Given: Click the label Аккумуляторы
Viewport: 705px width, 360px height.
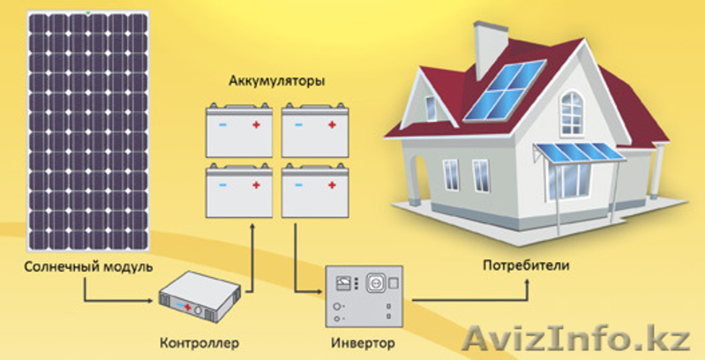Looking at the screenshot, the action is coord(276,83).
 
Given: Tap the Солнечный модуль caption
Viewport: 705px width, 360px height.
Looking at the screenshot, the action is coord(88,266).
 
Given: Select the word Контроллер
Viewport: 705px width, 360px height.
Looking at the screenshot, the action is coord(199,344).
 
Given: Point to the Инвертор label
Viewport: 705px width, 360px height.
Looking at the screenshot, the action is coord(364,344).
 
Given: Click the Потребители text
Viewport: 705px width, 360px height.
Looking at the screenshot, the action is coord(526,266).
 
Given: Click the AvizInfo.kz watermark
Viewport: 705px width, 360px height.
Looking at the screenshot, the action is coord(576,340).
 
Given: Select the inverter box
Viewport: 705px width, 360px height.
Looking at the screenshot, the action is coord(364,296).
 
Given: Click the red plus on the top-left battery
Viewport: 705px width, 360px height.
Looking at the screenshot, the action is coord(256,124).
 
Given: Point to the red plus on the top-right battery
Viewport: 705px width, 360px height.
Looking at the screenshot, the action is coord(332,124).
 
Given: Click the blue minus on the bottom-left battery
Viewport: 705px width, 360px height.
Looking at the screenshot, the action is coord(222,185).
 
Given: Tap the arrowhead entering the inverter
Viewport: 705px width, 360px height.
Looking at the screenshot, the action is coord(319,293).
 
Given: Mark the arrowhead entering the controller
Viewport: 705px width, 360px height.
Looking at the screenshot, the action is coord(151,300).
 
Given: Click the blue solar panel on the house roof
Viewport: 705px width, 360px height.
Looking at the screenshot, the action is coord(504,91).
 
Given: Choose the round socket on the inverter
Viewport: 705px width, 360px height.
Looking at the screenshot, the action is coord(375,283).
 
